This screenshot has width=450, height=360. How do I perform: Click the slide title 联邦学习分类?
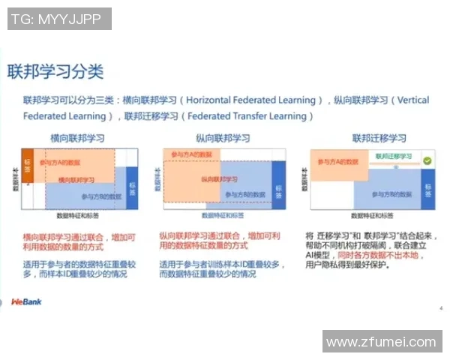click(x=55, y=72)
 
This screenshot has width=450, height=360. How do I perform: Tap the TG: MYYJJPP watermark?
click(x=59, y=19)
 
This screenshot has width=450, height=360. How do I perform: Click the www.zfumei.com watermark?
click(x=382, y=341)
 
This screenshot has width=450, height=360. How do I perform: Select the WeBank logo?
click(x=26, y=301)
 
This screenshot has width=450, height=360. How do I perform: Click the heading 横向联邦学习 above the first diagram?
click(x=77, y=139)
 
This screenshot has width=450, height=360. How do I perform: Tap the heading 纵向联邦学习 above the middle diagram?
click(x=223, y=139)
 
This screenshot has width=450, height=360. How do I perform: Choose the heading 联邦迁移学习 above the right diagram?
click(x=379, y=139)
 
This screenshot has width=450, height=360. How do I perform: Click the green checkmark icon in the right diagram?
click(x=427, y=160)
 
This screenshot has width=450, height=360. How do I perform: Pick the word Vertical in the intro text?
click(x=412, y=100)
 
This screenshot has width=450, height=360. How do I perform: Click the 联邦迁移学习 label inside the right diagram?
click(x=394, y=156)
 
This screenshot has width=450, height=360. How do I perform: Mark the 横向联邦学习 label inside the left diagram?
click(x=77, y=180)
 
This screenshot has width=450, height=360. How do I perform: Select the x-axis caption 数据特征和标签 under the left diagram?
click(x=82, y=215)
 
